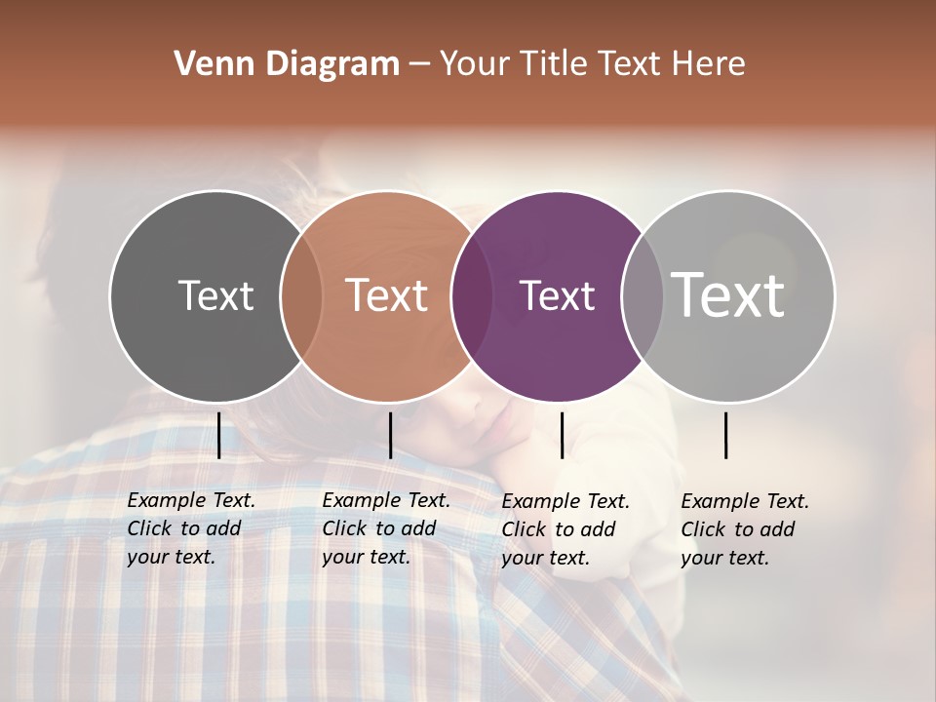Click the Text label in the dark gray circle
(x=215, y=295)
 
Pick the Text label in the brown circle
(x=387, y=295)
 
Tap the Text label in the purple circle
(x=557, y=295)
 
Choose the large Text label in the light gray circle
(x=728, y=294)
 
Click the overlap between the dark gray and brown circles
(x=301, y=295)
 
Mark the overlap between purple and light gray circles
(x=643, y=295)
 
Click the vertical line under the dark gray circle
(x=219, y=435)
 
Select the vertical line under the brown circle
(x=390, y=435)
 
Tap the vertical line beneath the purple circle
(x=562, y=435)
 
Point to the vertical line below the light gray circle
(x=726, y=435)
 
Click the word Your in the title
(x=474, y=64)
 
